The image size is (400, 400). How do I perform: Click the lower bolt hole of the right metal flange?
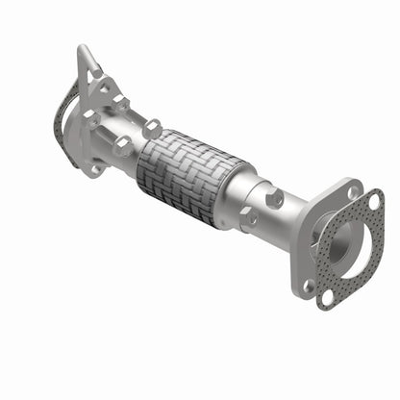tap(308, 285)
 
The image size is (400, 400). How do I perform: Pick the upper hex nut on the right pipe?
tap(276, 199)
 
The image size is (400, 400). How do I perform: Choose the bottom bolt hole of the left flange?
tap(95, 168)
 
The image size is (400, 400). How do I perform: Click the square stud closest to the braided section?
tap(152, 126)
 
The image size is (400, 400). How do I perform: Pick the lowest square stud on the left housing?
tap(122, 146)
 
